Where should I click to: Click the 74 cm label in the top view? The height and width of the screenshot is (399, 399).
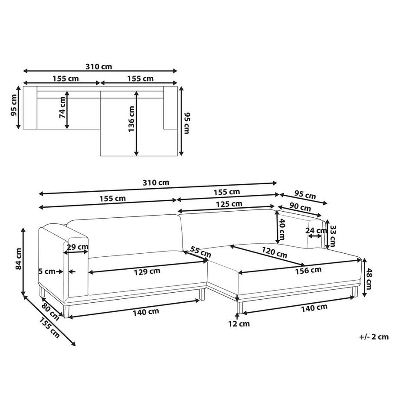coord(62,108)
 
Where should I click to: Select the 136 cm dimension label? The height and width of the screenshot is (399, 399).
coord(131,119)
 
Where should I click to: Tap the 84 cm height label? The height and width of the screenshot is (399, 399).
coord(18,259)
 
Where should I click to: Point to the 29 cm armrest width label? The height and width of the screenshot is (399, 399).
coord(78,247)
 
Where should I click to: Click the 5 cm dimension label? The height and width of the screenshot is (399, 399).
coord(47,271)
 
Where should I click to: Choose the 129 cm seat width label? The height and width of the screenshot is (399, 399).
coord(147,271)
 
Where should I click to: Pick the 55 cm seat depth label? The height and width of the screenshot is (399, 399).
coord(201,252)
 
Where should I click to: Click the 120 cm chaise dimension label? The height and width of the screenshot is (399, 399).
coord(274,252)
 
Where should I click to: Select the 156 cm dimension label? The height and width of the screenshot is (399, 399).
coord(308,270)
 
